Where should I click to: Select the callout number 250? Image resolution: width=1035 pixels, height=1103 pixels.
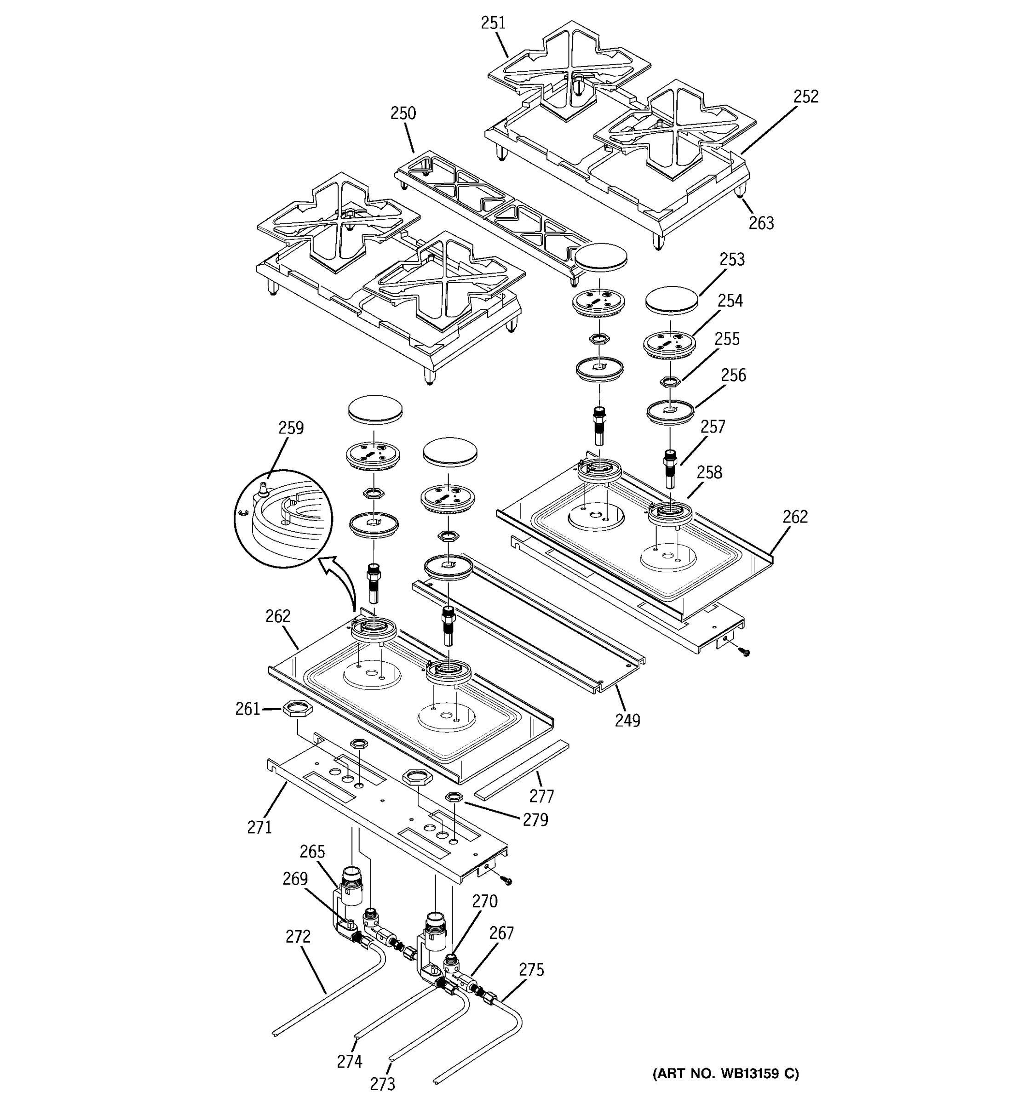402,113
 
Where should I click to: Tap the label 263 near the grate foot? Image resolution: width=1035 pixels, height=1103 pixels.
761,223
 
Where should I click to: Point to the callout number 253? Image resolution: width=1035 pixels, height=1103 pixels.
731,260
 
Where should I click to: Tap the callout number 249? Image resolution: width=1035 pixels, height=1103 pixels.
627,721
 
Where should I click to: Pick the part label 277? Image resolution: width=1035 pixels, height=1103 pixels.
541,796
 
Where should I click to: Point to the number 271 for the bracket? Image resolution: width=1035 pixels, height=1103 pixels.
259,827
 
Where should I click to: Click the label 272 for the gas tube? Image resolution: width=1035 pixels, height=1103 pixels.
298,937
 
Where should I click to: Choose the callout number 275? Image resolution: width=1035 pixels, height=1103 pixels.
531,970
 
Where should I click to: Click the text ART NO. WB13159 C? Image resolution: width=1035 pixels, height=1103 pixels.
725,1073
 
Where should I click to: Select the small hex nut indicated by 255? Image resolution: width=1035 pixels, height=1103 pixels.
670,382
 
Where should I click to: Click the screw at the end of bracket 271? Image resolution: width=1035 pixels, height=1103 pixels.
506,881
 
